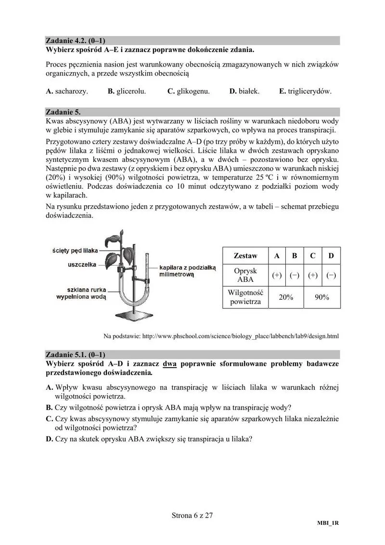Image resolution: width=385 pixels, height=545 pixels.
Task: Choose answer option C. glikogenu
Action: (x=188, y=91)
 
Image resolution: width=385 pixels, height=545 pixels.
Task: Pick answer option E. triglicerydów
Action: (x=305, y=91)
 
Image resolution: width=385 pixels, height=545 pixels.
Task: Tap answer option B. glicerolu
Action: (x=127, y=91)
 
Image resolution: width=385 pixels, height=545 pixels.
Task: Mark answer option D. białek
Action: (x=244, y=91)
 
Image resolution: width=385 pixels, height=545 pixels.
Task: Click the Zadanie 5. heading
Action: (x=63, y=112)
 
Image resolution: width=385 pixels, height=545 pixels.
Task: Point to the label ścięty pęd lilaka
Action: (x=75, y=250)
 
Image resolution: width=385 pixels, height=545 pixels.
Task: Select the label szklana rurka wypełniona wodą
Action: (x=79, y=294)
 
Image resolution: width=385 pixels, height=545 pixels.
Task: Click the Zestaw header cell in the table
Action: (x=245, y=256)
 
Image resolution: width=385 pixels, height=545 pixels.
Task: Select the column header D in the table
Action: (x=331, y=256)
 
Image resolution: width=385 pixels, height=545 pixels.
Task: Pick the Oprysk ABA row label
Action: (x=245, y=275)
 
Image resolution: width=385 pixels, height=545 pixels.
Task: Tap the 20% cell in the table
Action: (x=286, y=297)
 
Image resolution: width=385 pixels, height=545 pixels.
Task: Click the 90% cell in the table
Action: (x=322, y=297)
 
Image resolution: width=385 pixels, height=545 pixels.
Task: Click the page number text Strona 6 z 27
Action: (x=192, y=515)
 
